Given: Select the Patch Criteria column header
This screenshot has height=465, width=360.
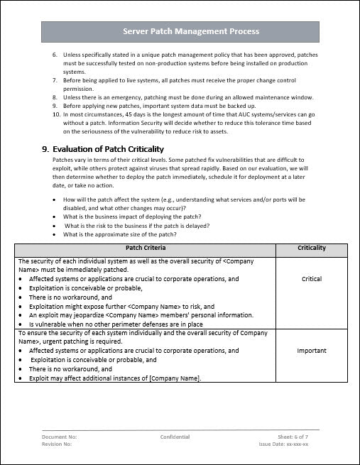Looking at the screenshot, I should coord(146,248).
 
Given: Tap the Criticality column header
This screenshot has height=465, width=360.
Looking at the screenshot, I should coord(312,248).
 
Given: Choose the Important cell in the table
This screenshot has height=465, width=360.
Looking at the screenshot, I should coord(312,351).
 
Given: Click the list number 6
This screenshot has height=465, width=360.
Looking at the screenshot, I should coord(56,54).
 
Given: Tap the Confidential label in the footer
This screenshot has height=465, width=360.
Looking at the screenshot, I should coord(175,437).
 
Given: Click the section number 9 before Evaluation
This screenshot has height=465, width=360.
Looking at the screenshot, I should coord(45,149).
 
